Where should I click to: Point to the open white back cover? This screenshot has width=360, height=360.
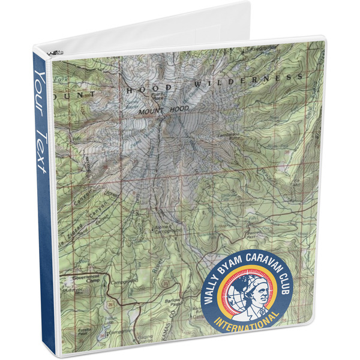pos(180,24)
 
